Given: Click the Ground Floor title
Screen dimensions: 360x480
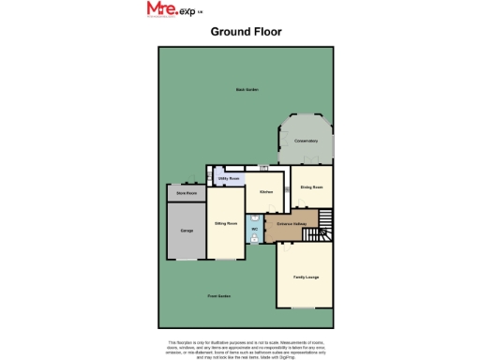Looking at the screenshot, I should (246, 31).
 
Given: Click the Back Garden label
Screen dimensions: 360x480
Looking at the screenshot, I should (247, 89).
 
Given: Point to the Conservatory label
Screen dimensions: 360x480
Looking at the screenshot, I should (306, 141).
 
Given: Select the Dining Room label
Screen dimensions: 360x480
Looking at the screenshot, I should (311, 187).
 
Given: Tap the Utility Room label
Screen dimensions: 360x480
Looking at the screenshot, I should (229, 177).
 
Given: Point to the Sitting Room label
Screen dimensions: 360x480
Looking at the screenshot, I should (225, 224).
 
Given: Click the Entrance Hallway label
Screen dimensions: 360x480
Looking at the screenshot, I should (292, 224).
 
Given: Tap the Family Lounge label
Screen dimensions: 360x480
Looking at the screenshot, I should (306, 277).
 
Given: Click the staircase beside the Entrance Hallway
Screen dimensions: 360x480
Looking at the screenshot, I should (324, 224).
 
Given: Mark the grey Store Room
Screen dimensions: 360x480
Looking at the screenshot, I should (186, 198).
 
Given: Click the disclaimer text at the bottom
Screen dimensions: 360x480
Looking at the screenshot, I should (246, 348).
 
